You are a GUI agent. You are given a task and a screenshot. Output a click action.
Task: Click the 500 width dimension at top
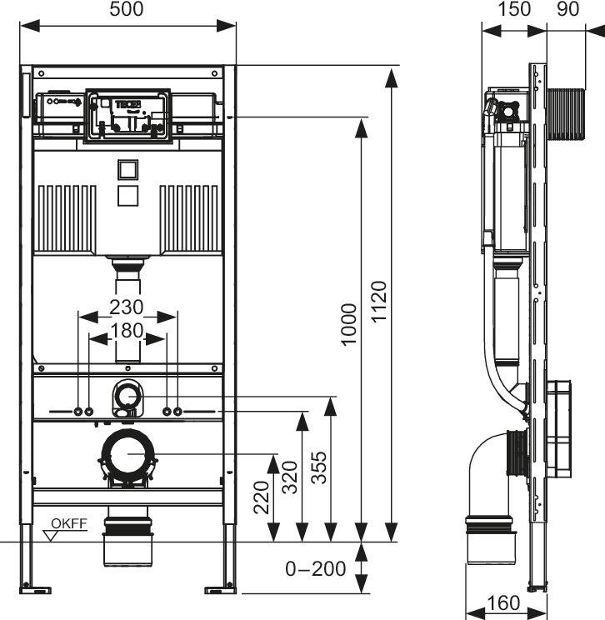point(127,9)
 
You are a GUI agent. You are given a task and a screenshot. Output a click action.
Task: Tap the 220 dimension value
point(262,497)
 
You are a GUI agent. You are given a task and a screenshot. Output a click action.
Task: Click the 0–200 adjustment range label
point(316,569)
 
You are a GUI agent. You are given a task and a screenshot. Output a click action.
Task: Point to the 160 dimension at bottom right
point(502,602)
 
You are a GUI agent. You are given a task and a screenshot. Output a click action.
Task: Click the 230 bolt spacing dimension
point(127,307)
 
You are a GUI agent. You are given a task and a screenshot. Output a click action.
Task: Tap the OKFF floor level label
point(68,523)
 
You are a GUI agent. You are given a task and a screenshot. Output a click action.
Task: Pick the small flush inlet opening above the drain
point(127,391)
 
